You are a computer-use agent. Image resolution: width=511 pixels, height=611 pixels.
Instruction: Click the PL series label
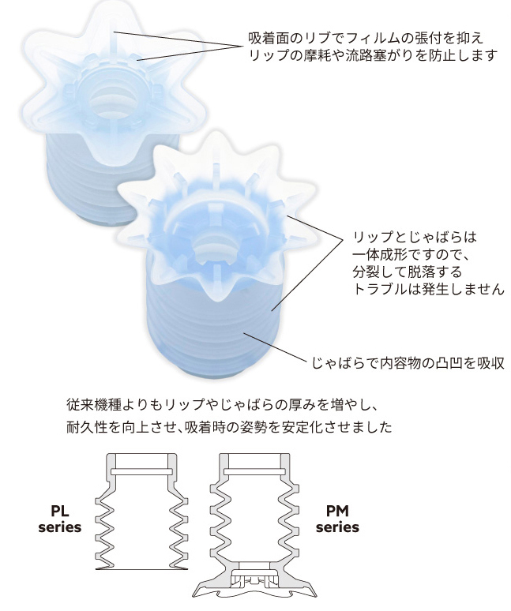(x=60, y=518)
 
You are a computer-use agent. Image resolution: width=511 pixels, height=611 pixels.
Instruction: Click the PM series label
(x=338, y=518)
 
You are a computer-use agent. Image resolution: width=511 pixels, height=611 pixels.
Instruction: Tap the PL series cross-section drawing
(x=142, y=513)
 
